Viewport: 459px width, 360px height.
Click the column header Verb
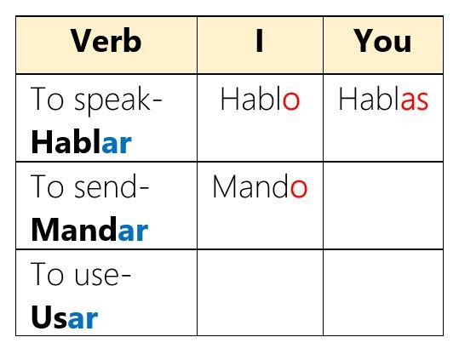point(106,41)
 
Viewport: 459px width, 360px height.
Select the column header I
point(260,41)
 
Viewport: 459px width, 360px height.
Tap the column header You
point(382,41)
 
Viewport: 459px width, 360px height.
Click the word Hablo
point(261,99)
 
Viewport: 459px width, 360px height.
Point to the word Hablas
point(383,99)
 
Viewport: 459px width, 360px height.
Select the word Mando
point(260,186)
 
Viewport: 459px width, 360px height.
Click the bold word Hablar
point(81,141)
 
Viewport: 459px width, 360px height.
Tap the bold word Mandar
point(89,229)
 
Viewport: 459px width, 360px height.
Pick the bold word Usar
point(64,317)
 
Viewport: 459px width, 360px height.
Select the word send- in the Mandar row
point(112,186)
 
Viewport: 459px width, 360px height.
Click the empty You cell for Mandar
point(383,206)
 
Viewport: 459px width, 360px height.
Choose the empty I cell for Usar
point(260,293)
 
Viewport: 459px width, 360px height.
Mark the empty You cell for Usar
point(383,293)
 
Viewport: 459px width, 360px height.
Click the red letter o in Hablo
point(291,101)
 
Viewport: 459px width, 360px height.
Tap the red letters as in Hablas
point(415,101)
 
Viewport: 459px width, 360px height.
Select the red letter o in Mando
point(299,189)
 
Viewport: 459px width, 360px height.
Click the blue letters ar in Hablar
point(117,144)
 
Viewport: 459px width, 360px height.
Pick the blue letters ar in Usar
point(83,320)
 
